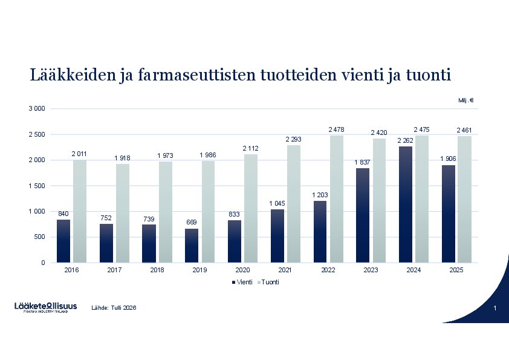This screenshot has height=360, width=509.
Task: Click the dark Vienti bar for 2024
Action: point(406,205)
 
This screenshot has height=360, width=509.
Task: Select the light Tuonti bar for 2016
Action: point(80,211)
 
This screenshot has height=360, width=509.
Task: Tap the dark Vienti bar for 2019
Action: point(192,246)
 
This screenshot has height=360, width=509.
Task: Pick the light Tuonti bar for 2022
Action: point(337,199)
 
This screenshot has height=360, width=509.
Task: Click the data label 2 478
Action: point(336,130)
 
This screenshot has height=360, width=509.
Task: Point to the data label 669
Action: point(192,223)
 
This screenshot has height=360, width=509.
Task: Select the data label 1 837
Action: point(362,163)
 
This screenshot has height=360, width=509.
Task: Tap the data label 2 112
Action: point(251,148)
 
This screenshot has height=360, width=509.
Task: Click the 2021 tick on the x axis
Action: point(285,270)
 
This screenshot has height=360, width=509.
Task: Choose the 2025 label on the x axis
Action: point(456,270)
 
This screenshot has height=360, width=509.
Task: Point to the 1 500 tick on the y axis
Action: point(36,186)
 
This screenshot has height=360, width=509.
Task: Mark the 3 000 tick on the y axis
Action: point(36,109)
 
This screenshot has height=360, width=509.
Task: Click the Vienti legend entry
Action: point(242,283)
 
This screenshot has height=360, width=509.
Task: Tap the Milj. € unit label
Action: point(465,100)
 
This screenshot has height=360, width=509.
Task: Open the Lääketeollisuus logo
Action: point(46,307)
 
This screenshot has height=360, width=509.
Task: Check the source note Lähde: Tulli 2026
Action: point(114,308)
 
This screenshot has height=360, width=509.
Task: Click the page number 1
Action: point(494,309)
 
